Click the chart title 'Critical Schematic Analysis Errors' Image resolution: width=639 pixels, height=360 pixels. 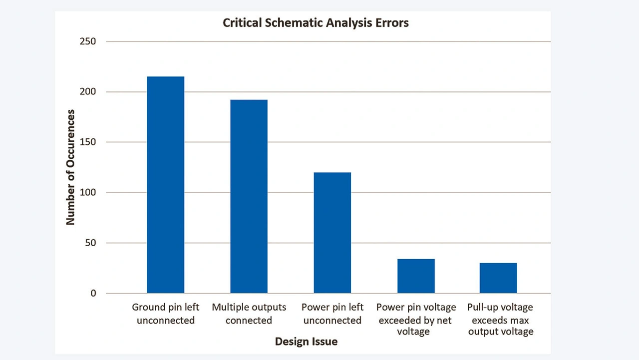[x=316, y=23]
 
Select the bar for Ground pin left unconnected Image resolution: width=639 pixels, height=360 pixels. [x=165, y=185]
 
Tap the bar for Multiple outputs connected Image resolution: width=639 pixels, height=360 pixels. [x=249, y=196]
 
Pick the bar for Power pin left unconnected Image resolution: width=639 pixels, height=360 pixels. [x=332, y=233]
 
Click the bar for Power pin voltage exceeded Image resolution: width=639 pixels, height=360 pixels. [x=416, y=276]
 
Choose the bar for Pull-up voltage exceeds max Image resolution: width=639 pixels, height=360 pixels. [x=498, y=278]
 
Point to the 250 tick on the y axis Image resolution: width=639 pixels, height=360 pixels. [x=88, y=41]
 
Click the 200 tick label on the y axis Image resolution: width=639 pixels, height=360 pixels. [x=88, y=92]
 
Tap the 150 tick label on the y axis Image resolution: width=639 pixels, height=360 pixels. [x=88, y=142]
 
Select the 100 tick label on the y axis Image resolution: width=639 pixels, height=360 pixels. [x=88, y=193]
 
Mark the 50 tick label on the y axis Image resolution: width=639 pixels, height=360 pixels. [x=90, y=243]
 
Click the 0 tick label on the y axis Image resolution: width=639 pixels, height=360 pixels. [x=93, y=294]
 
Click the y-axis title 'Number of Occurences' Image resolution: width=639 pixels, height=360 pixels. [x=70, y=167]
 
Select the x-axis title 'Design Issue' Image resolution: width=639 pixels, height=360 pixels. [x=306, y=342]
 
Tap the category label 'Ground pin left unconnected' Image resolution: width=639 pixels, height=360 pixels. [x=165, y=314]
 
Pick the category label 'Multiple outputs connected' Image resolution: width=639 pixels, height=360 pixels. [x=249, y=314]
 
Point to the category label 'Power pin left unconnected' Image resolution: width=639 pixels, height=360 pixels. [x=332, y=314]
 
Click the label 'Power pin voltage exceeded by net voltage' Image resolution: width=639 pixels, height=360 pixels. [x=416, y=319]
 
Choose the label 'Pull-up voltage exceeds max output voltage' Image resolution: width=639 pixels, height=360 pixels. [x=500, y=319]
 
